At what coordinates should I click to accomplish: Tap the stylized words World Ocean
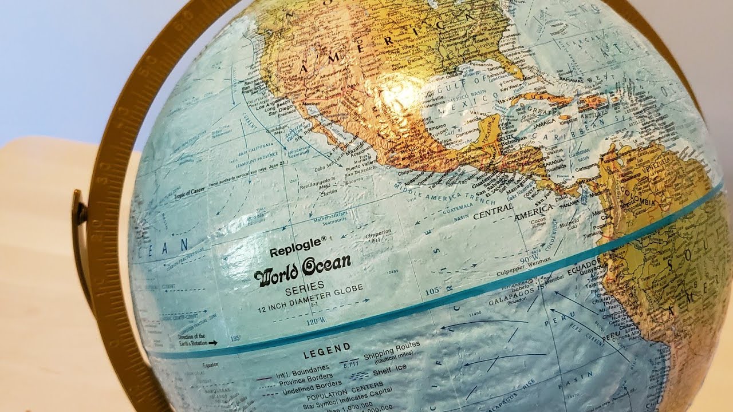tap(302, 268)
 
